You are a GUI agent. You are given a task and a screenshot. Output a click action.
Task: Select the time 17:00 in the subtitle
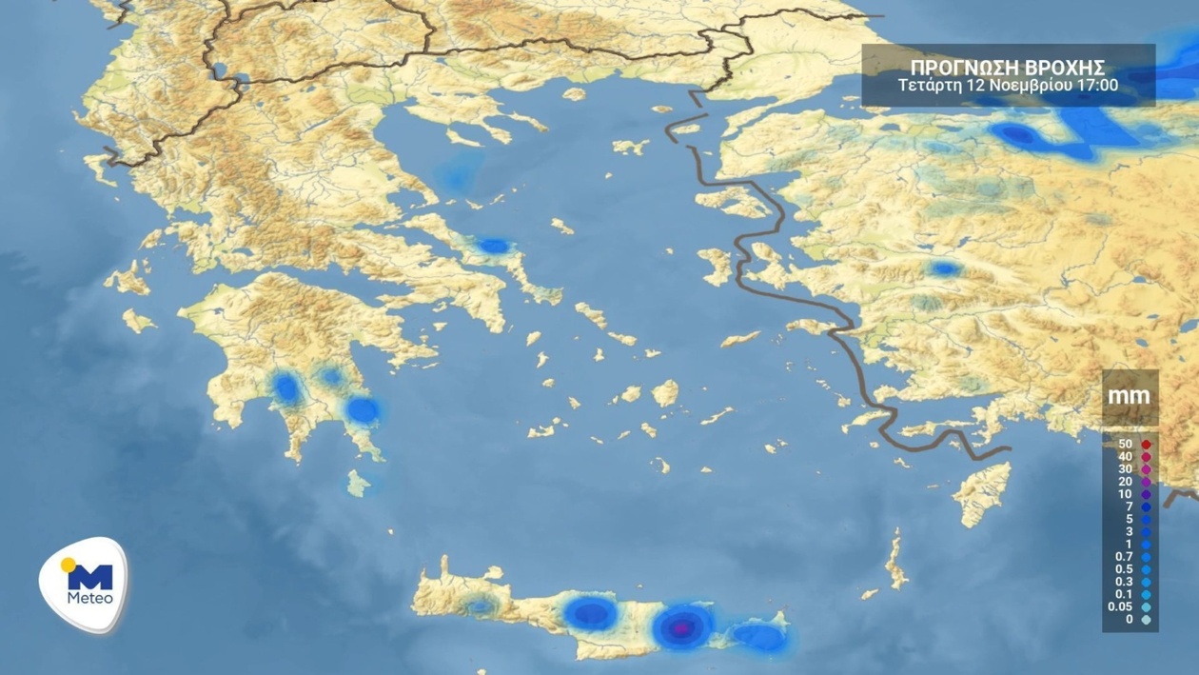[x=1098, y=86]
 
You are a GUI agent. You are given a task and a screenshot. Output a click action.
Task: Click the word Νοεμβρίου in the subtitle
[x=1034, y=86]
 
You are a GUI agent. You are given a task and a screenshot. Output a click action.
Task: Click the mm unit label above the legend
[x=1130, y=395]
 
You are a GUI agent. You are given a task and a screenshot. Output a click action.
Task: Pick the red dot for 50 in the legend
[x=1147, y=445]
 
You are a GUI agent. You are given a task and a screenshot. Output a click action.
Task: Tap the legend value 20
[x=1125, y=482]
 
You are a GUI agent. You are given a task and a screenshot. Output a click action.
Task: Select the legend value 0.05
[x=1121, y=606]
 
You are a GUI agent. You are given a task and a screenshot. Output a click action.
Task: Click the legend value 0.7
[x=1124, y=557]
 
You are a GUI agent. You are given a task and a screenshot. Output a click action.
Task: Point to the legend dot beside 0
[x=1147, y=620]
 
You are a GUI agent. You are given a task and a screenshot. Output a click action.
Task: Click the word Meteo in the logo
[x=90, y=598]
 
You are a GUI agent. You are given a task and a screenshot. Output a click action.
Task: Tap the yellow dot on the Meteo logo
[x=68, y=566]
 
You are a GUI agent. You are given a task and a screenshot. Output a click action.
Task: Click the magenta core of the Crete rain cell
[x=682, y=627]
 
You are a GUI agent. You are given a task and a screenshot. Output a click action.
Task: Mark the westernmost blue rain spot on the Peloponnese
[x=285, y=387]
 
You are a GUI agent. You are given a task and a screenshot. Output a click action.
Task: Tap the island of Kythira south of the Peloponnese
[x=358, y=483]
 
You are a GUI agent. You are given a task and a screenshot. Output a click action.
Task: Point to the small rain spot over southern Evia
[x=493, y=247]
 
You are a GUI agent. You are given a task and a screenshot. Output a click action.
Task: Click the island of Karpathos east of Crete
[x=895, y=561]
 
